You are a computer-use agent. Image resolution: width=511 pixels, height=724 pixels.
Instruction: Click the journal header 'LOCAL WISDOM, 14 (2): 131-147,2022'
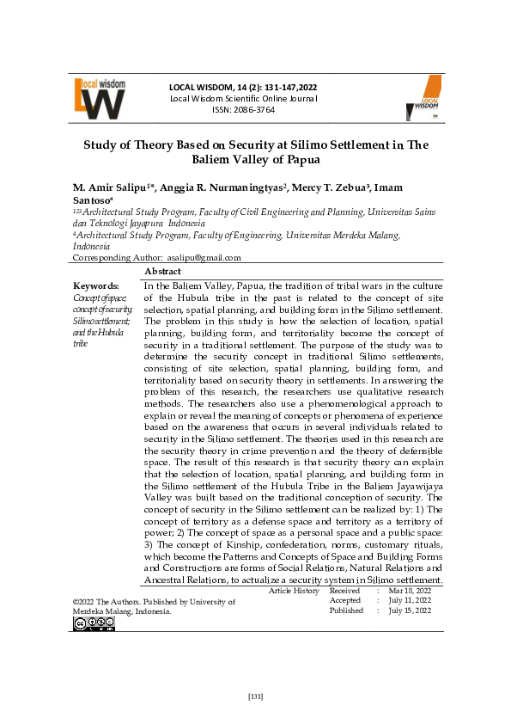pyautogui.click(x=242, y=87)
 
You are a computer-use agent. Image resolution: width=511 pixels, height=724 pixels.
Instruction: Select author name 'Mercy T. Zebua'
pyautogui.click(x=330, y=187)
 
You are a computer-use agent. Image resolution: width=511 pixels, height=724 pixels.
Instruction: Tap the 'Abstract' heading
pyautogui.click(x=162, y=271)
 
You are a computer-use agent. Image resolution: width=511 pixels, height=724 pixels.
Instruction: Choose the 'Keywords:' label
pyautogui.click(x=96, y=285)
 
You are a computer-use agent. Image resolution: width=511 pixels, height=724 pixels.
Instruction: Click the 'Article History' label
pyautogui.click(x=294, y=591)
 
